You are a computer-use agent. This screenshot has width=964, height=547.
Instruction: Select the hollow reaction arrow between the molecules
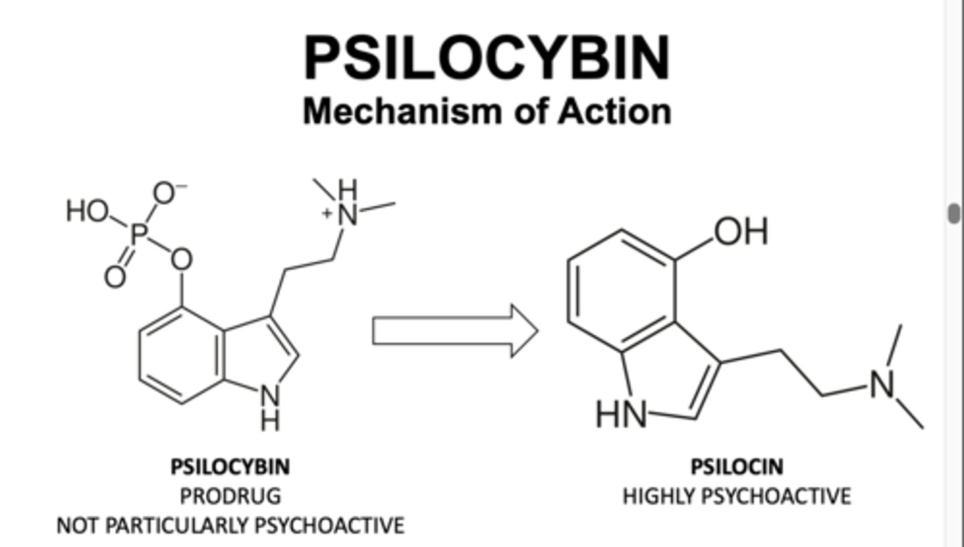455,331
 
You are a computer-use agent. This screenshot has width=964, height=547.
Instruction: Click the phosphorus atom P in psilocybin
139,234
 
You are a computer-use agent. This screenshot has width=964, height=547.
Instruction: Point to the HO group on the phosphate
86,212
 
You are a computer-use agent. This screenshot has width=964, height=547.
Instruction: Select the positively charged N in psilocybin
347,214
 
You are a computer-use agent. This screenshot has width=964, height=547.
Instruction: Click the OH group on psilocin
741,232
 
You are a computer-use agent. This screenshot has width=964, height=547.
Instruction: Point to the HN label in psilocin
622,415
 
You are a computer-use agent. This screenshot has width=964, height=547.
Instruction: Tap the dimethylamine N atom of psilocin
882,385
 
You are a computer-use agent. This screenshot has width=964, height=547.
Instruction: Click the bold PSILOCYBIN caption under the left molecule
230,466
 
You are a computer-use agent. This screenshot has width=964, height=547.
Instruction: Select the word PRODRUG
230,496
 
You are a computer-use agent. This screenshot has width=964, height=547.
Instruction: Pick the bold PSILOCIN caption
736,466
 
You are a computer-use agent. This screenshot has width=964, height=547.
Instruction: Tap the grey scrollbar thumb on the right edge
954,214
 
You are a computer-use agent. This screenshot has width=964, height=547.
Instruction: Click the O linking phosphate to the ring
181,260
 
